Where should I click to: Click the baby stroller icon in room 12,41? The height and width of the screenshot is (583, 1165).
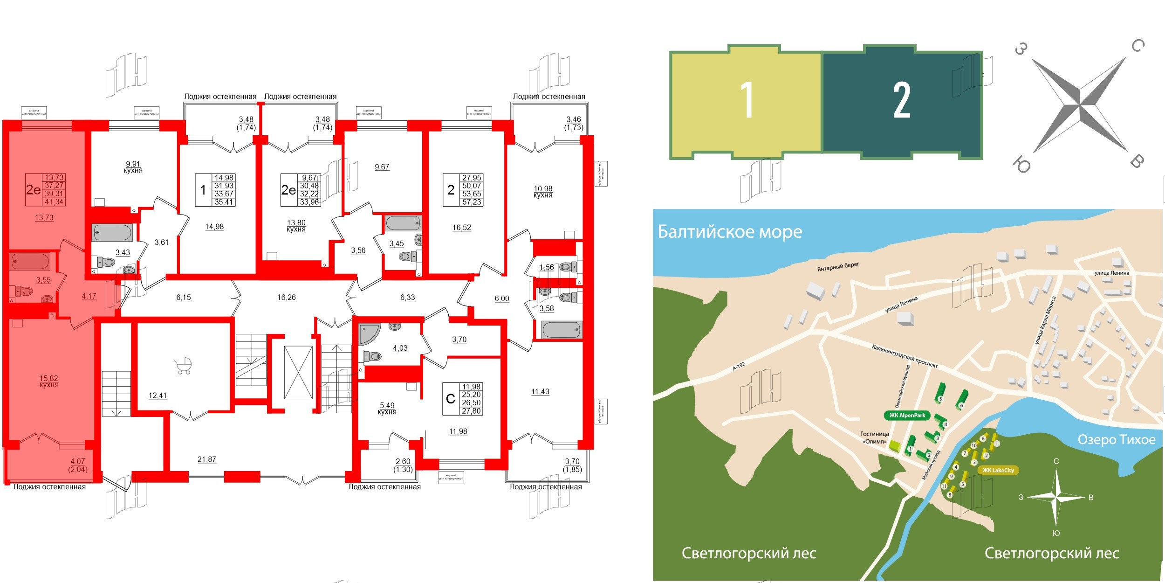(184, 366)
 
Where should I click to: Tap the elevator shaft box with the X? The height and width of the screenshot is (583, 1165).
(298, 372)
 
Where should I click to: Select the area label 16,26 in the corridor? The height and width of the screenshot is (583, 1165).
(286, 298)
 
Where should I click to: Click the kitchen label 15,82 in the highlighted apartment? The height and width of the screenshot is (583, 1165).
(49, 382)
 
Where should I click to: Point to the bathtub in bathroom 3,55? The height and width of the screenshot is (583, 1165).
(30, 262)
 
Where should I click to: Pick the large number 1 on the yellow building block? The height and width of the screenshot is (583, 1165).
(747, 100)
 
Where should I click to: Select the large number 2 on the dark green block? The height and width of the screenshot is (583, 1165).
(902, 100)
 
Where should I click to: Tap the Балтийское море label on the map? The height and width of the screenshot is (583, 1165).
(730, 232)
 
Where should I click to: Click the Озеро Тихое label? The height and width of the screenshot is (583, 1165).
(1117, 439)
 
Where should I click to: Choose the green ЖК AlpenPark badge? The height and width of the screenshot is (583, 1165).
(907, 416)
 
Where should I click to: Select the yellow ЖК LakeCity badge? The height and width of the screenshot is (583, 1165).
(998, 470)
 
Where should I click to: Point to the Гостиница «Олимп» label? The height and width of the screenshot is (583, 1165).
(874, 437)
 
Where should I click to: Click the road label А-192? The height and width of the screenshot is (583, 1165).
(739, 366)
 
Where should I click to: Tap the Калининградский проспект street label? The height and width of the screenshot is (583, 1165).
(905, 356)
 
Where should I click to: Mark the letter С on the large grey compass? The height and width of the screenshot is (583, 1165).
(1138, 46)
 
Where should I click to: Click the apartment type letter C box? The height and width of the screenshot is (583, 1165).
(450, 399)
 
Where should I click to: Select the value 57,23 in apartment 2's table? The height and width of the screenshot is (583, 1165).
(472, 202)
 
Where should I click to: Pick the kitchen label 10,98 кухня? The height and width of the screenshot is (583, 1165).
(543, 192)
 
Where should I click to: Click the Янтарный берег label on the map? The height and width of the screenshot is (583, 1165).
(838, 267)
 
